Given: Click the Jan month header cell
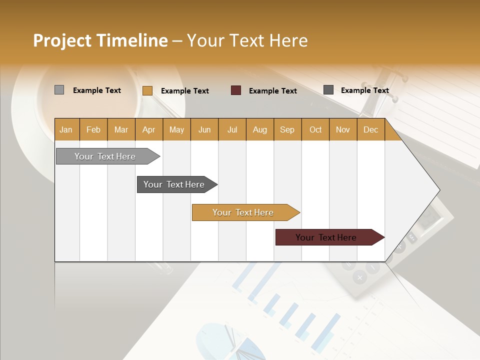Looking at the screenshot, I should coord(66,129).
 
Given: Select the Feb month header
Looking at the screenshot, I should coord(93,129).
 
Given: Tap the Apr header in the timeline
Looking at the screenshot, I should coord(149,129).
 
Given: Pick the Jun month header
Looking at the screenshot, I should coord(204,129).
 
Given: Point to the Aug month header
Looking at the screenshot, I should coord(260,129).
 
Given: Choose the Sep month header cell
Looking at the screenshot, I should coord(287,129).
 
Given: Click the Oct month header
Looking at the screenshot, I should coord(315,129).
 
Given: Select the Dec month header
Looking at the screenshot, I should coord(371,129).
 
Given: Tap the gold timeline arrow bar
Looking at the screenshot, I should coord(243,212).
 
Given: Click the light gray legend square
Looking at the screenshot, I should coord(59,90).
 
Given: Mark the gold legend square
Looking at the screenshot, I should coord(147,90).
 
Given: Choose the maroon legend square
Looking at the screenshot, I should coord(235,90).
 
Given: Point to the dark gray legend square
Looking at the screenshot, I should coord(328,90).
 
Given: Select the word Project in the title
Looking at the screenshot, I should coord(62,40).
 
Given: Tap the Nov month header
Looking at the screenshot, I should coord(343,129).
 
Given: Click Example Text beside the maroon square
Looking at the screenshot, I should coord(272,90).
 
